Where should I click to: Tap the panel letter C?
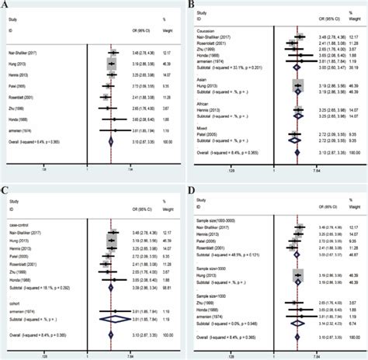(7, 190)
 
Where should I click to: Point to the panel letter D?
(191, 190)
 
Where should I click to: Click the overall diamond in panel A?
(112, 142)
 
